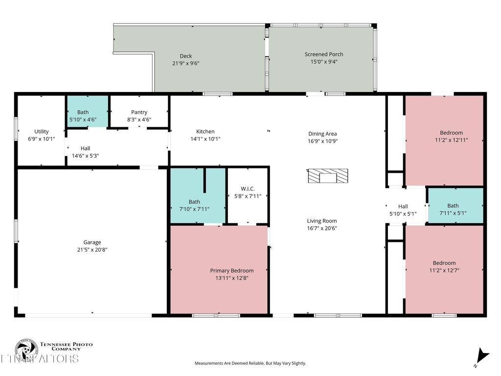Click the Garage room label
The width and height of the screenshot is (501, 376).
point(92,242)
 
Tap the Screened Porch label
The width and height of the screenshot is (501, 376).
point(323,54)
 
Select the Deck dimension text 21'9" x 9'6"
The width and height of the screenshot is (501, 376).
point(185,63)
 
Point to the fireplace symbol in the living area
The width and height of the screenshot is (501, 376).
point(328,176)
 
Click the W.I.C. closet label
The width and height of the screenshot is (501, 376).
point(248,188)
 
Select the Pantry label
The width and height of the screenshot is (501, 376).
point(139,112)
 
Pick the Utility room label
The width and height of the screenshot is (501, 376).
point(41,131)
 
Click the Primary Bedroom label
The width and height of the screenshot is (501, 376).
point(232,271)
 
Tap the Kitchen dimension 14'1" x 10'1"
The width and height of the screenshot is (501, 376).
point(205,139)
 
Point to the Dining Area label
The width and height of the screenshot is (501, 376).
point(322,134)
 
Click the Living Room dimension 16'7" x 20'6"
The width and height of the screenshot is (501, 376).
point(322,228)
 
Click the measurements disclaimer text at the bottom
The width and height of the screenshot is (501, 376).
point(250,363)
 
